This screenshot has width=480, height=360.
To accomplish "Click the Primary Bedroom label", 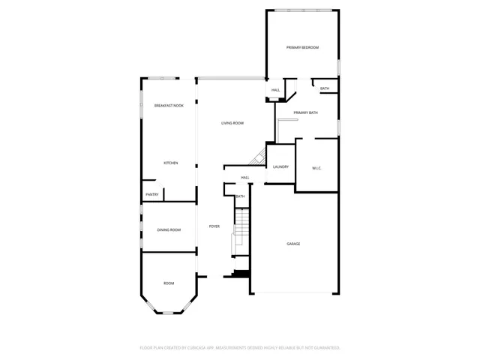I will coord(302,47).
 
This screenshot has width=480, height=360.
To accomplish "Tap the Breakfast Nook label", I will coord(169,106).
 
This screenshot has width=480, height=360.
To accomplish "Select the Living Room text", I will coord(232,123).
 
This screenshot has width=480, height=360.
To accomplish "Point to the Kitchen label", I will coord(171,163).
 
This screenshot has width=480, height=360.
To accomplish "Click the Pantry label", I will coord(151,194).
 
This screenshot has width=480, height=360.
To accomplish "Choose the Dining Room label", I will coord(169,229).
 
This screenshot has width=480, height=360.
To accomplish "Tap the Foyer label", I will coord(214,226).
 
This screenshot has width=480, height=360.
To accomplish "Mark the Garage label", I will coord(293,244).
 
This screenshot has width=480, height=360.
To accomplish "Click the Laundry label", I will coord(281,167).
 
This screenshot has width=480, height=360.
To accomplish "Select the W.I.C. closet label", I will coord(316,167).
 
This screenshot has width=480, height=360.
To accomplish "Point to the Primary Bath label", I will coord(306,112).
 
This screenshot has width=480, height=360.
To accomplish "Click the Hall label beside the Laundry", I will coord(245,178).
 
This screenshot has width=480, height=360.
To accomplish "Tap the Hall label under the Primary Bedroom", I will coord(275,91).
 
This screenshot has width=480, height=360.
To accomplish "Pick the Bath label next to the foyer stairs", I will coord(240,196).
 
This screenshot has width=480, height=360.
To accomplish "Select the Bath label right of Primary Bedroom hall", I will coord(325,88).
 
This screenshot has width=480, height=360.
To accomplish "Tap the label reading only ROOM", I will coord(169,283).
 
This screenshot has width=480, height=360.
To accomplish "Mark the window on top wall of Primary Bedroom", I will coord(303,10).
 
